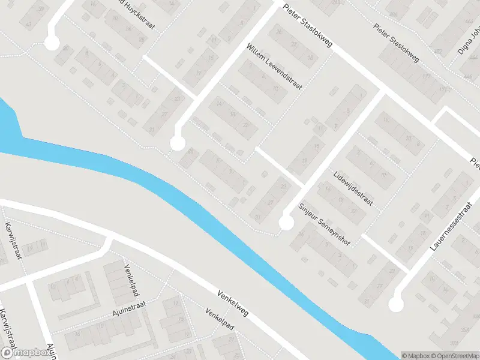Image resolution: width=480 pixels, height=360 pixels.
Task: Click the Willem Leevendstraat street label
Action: [274, 66]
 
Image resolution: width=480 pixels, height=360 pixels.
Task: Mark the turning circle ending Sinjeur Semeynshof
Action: [286, 223]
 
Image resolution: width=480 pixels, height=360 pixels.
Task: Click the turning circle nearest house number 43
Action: [177, 143]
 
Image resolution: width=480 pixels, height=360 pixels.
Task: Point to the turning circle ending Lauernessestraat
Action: [395, 304]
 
